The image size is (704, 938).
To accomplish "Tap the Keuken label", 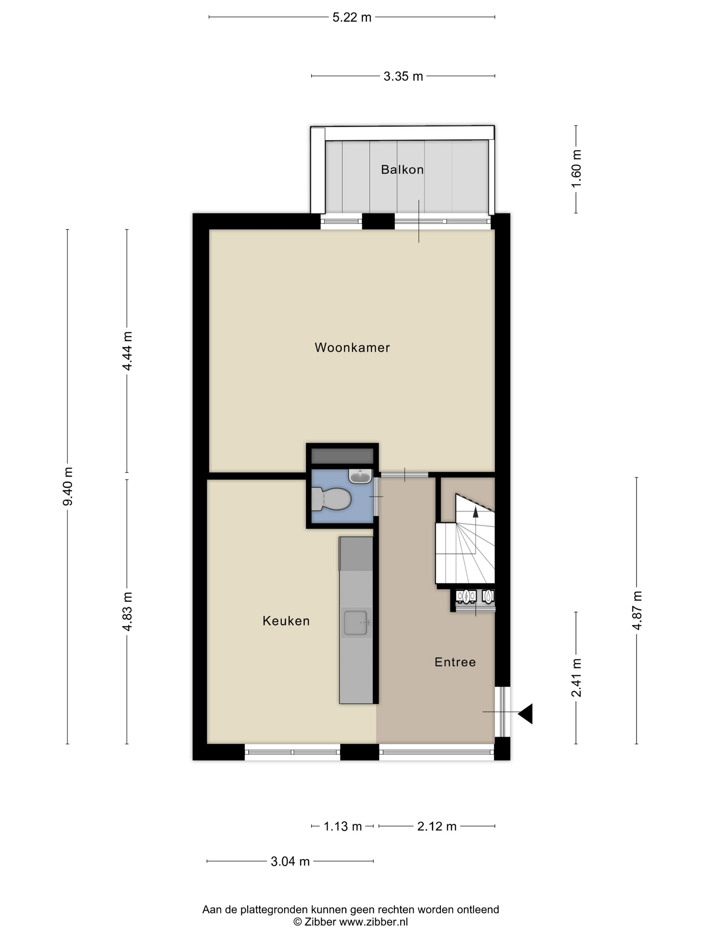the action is (286, 621).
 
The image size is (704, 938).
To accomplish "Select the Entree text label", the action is (455, 662).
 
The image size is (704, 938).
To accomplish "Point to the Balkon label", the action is (402, 170).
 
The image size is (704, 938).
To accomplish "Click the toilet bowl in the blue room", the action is (331, 499).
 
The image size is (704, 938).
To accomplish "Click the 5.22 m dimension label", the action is (352, 17).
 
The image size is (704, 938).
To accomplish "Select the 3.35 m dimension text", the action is (403, 76).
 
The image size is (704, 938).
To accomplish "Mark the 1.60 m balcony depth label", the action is (576, 169).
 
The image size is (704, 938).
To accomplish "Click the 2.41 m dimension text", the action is (576, 678).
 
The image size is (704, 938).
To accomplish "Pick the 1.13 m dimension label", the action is (343, 826).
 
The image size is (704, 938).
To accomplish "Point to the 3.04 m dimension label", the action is (290, 861).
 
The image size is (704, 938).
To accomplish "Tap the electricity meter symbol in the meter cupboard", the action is (466, 597).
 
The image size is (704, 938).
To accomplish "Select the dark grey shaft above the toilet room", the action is (342, 456).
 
